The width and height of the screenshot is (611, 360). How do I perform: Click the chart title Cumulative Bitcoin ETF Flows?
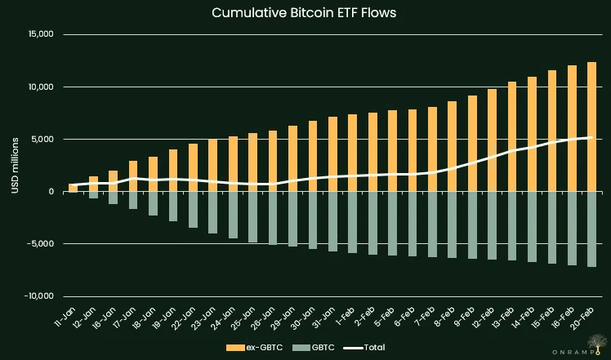click(305, 13)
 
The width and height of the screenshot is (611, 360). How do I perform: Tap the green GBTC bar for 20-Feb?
click(591, 229)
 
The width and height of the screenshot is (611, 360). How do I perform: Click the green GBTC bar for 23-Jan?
click(212, 212)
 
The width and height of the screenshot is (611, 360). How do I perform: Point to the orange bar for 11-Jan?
click(74, 188)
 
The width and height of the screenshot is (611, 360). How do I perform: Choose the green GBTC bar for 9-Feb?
click(472, 224)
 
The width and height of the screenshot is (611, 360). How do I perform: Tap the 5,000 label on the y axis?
click(40, 140)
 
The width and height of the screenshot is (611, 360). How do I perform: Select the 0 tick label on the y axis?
click(50, 192)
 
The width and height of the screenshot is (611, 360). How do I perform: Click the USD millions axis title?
click(14, 166)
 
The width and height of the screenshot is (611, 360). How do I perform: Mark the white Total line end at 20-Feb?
click(591, 138)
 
